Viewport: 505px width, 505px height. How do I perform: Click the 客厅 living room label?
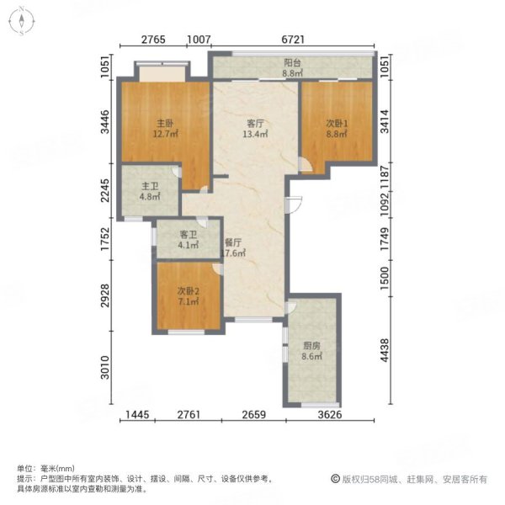point(254,122)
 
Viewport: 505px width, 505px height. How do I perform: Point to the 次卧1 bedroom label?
point(338,122)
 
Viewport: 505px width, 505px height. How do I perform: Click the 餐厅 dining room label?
point(233,242)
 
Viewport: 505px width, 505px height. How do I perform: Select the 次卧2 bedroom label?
point(189,291)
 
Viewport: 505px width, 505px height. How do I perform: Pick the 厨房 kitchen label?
point(312,344)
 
